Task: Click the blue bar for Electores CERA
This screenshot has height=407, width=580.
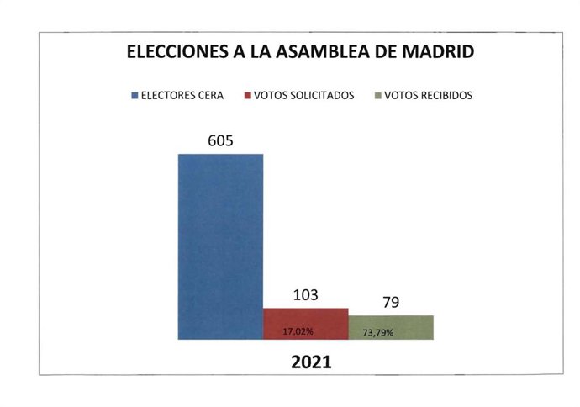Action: pos(220,246)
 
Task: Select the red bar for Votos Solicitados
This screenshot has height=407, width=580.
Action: pos(306,324)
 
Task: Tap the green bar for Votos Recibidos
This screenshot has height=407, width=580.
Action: pos(392,327)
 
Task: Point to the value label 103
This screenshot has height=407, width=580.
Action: pos(306,294)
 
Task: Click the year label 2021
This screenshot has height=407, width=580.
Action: pos(310,363)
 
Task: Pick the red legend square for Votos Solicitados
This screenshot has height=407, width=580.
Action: pos(248,96)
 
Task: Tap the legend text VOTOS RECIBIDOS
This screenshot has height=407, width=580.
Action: pos(428,96)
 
